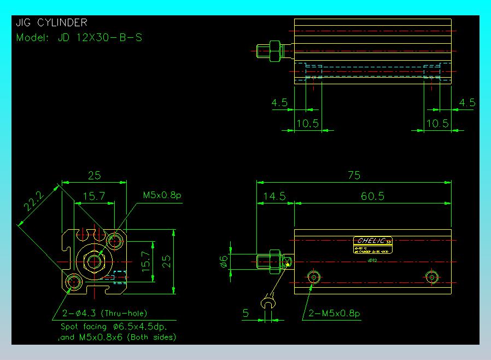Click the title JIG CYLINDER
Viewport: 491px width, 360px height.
tap(52, 22)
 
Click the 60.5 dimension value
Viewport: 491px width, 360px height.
tap(372, 196)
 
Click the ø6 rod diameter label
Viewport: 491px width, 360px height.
tap(224, 262)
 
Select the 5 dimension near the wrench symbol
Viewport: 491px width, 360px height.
tap(245, 313)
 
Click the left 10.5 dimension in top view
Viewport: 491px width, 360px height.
tap(307, 123)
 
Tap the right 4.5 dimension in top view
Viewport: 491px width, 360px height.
tap(467, 103)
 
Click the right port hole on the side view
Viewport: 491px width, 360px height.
tap(431, 277)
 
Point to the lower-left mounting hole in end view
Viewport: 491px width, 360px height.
tap(73, 282)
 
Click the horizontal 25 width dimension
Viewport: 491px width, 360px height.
tap(94, 175)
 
